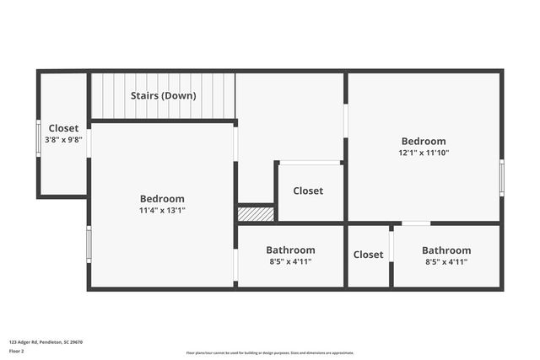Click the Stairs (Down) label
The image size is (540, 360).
pos(163,95)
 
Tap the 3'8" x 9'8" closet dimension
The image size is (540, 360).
pos(63,140)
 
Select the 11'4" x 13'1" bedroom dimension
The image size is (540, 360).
pos(163,210)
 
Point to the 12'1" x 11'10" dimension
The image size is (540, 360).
pos(424,153)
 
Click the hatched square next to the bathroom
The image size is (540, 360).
pos(256,214)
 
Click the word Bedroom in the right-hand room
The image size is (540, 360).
pos(424,141)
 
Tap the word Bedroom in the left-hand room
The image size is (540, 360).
pos(163,199)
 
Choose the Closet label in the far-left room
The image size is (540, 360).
pos(63,128)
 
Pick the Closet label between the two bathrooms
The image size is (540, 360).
pos(368,255)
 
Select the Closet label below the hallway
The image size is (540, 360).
pos(308,191)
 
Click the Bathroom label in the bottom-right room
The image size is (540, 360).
pos(446,250)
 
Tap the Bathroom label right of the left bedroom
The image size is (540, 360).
pos(290,250)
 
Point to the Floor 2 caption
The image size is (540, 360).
pos(17,351)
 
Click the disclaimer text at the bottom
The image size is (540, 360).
pos(270,353)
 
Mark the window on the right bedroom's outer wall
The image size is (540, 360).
pos(501,178)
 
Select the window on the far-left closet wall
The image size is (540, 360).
pos(38,138)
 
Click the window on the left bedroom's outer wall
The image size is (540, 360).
pos(89,244)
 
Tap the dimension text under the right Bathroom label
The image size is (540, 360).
pos(446,261)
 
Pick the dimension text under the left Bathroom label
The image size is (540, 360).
pos(290,261)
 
